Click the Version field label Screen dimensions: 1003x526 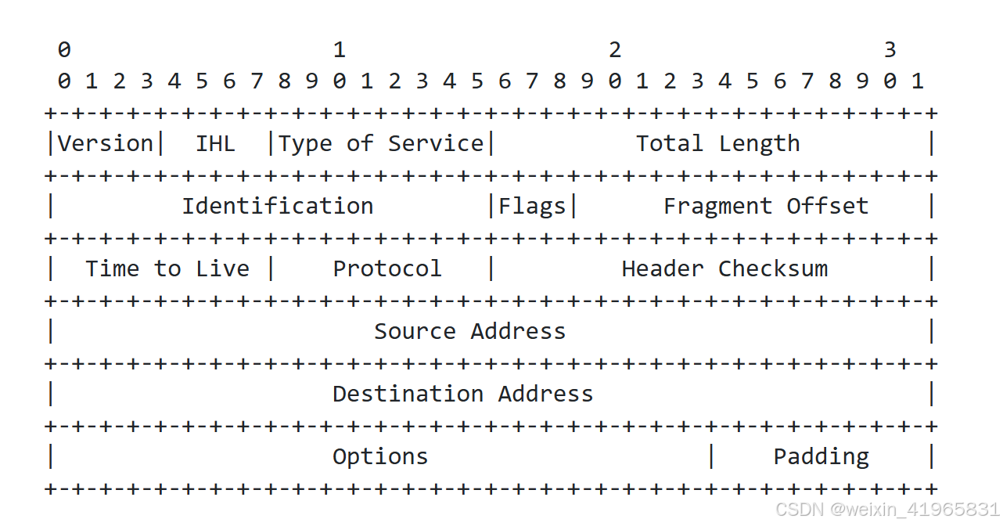(105, 144)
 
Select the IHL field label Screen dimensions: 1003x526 (215, 144)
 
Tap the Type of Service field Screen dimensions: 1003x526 (381, 144)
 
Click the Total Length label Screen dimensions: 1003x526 (717, 144)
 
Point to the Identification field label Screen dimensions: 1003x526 (278, 207)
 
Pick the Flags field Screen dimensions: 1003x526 (532, 207)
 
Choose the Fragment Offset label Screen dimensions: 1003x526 (766, 207)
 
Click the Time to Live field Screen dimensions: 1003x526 (167, 269)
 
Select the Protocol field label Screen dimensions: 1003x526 (387, 269)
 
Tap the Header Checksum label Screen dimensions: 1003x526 (724, 269)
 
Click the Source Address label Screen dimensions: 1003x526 (469, 332)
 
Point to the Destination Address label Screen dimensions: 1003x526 (462, 394)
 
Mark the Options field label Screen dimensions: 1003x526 (380, 457)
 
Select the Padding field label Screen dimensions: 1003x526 (821, 457)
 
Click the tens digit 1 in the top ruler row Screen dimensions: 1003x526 (339, 51)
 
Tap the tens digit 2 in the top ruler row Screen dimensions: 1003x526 (615, 51)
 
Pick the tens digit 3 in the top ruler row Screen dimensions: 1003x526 (890, 51)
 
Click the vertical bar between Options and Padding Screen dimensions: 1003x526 (711, 456)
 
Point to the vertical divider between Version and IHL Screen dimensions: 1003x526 (160, 144)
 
